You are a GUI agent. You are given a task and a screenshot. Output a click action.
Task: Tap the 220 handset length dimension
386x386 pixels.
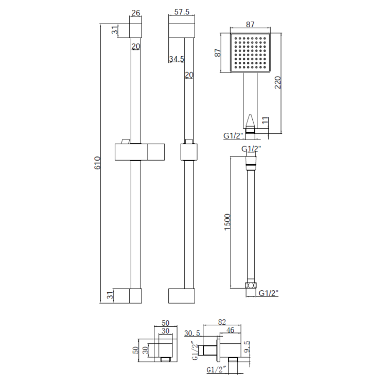(278, 82)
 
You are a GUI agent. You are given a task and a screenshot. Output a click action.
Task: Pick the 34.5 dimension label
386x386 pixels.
(177, 59)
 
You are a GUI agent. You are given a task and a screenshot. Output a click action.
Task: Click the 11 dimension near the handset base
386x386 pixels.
(265, 121)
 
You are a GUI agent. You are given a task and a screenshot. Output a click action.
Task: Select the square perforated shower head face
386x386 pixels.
(250, 53)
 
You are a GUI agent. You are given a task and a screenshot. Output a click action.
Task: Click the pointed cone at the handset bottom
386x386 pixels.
(250, 121)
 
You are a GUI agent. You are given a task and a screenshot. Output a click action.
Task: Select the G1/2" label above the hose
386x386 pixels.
(251, 149)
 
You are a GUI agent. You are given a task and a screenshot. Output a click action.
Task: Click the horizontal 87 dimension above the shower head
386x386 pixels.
(250, 24)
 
